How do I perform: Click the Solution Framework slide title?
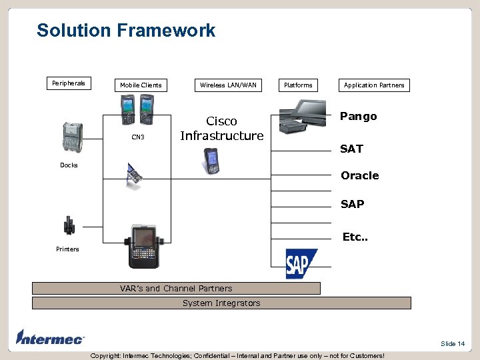[126, 31]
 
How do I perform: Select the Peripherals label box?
[69, 83]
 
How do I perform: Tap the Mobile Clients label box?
[141, 85]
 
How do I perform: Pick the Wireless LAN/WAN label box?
[228, 85]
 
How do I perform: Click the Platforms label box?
[298, 85]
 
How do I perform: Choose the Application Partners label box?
[374, 85]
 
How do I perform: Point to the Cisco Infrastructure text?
[222, 129]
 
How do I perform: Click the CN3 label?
[137, 137]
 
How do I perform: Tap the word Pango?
[359, 117]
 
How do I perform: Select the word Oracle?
[360, 176]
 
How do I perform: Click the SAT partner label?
[351, 149]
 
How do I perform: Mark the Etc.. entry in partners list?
[354, 237]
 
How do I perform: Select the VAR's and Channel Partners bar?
[176, 289]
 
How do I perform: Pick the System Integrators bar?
[221, 303]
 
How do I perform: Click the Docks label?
[69, 165]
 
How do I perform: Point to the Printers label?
[67, 249]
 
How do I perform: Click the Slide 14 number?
[453, 343]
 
